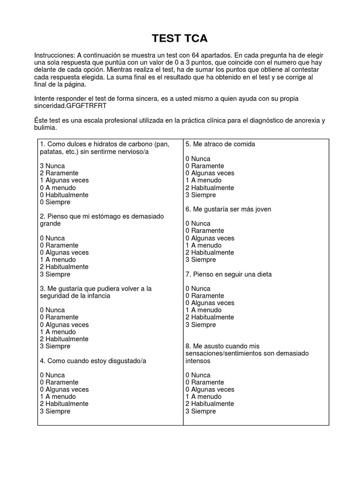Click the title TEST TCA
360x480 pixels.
pos(180,38)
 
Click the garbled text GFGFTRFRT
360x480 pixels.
pos(87,105)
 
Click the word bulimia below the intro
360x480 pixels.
pos(45,127)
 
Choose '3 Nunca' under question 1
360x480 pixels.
pos(52,166)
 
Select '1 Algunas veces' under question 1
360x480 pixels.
pos(64,180)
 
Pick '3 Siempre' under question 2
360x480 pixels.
pos(55,274)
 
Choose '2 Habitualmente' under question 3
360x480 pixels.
pos(64,339)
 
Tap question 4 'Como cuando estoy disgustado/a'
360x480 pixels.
pos(93,360)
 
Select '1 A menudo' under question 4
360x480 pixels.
pos(59,397)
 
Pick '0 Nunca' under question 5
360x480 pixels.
pos(198,158)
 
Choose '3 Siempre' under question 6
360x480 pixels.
pos(201,260)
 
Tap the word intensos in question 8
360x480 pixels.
pos(198,361)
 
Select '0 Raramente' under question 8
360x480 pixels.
pos(205,382)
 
